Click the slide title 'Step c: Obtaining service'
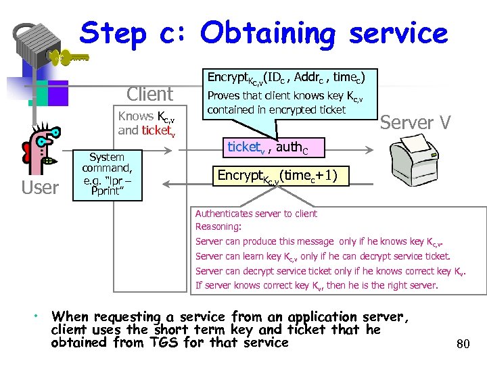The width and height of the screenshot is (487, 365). click(264, 32)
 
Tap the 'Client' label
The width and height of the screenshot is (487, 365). click(149, 94)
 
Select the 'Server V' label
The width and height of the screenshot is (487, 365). click(415, 122)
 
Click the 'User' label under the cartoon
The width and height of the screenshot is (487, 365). click(40, 187)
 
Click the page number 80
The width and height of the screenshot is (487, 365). click(463, 345)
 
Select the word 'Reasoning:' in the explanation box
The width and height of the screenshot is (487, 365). click(218, 227)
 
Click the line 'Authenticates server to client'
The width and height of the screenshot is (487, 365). click(256, 214)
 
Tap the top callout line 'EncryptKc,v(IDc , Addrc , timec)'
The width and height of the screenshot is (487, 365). click(290, 78)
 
